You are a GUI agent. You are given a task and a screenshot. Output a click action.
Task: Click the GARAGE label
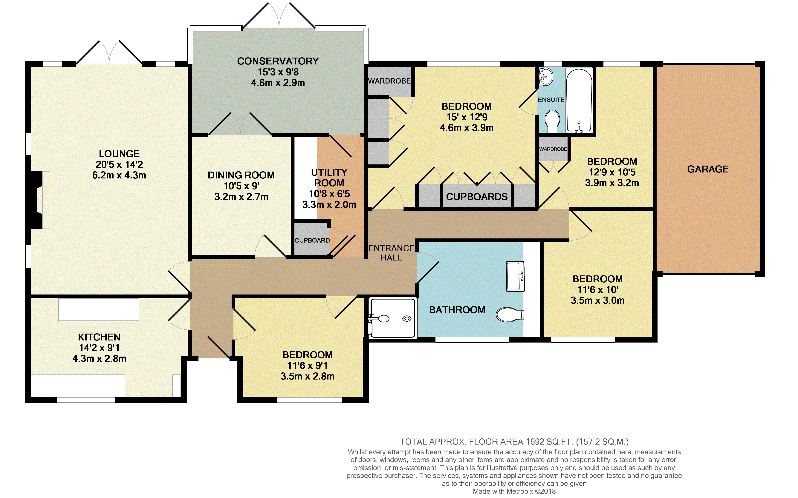(x=708, y=169)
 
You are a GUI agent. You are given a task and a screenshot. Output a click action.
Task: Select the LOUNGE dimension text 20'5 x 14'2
(x=119, y=164)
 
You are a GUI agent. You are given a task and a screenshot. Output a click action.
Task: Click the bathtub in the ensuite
(x=579, y=101)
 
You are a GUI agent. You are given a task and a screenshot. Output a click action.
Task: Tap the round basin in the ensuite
(x=546, y=77)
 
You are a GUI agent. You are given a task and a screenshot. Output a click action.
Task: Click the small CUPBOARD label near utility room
(x=312, y=240)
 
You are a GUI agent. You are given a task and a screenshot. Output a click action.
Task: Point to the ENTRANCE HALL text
(x=391, y=253)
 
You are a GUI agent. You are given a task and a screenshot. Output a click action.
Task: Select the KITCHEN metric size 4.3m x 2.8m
(x=99, y=358)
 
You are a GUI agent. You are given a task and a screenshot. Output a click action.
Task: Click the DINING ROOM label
(x=241, y=175)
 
